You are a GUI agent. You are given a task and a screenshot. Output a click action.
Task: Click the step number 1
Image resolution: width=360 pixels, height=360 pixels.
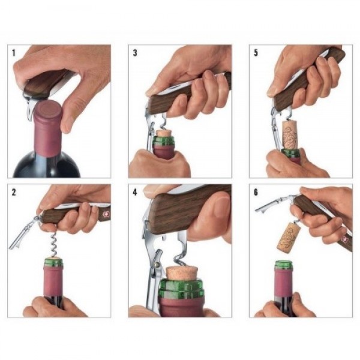(x=14, y=53)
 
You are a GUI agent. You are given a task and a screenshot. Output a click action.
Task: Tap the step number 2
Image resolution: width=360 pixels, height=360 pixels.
(x=14, y=192)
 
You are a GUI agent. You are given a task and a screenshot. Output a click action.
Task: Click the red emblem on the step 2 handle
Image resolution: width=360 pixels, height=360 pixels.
(x=101, y=211)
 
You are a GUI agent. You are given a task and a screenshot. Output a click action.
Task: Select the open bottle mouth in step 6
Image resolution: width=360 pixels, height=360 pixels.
(x=283, y=263)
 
